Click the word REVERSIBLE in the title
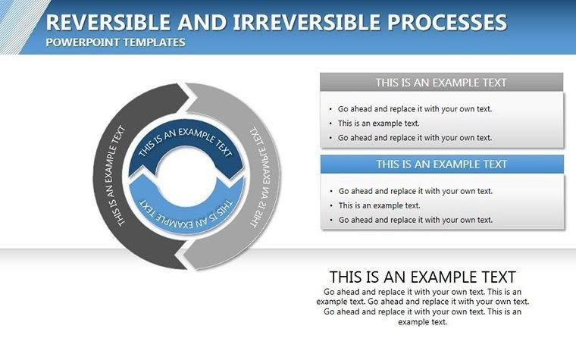(104, 22)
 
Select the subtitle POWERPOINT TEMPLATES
(115, 42)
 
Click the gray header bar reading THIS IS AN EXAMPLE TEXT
(441, 83)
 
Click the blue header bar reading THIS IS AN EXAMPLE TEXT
(441, 164)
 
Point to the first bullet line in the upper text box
(415, 108)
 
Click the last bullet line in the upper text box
(415, 137)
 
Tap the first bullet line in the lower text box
(415, 191)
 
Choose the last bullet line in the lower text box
(415, 220)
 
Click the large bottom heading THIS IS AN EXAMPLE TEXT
(422, 277)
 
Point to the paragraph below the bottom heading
(422, 306)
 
